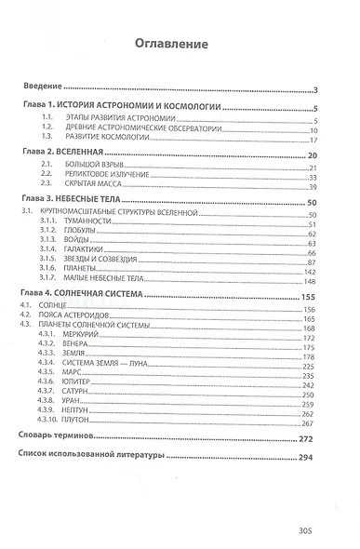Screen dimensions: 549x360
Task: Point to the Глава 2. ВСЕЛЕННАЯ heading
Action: pyautogui.click(x=70, y=154)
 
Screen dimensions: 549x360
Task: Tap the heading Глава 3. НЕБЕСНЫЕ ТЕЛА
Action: pyautogui.click(x=82, y=202)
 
